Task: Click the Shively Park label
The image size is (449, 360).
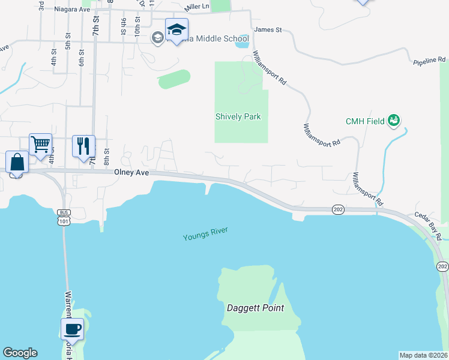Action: pos(238,116)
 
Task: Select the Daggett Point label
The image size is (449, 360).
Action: pos(255,308)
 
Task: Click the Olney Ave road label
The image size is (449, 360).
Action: pos(131,172)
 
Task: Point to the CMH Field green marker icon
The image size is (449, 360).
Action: pos(394,121)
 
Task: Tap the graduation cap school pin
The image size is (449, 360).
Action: pos(176,29)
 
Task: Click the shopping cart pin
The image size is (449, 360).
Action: pos(40,145)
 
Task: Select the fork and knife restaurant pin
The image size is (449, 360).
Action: pos(83,146)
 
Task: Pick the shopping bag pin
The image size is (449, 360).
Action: pos(17,162)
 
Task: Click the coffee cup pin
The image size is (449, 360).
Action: pos(73,329)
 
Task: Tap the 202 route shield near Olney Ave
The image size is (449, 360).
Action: pos(337,208)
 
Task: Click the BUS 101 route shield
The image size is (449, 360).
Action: pos(64,217)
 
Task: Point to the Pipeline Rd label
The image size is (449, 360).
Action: pos(430,60)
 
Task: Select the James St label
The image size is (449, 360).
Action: pos(268,29)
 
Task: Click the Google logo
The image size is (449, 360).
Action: pos(20,353)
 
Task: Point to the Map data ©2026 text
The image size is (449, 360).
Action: pos(423,355)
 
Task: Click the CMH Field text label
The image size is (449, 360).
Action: pos(365,121)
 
